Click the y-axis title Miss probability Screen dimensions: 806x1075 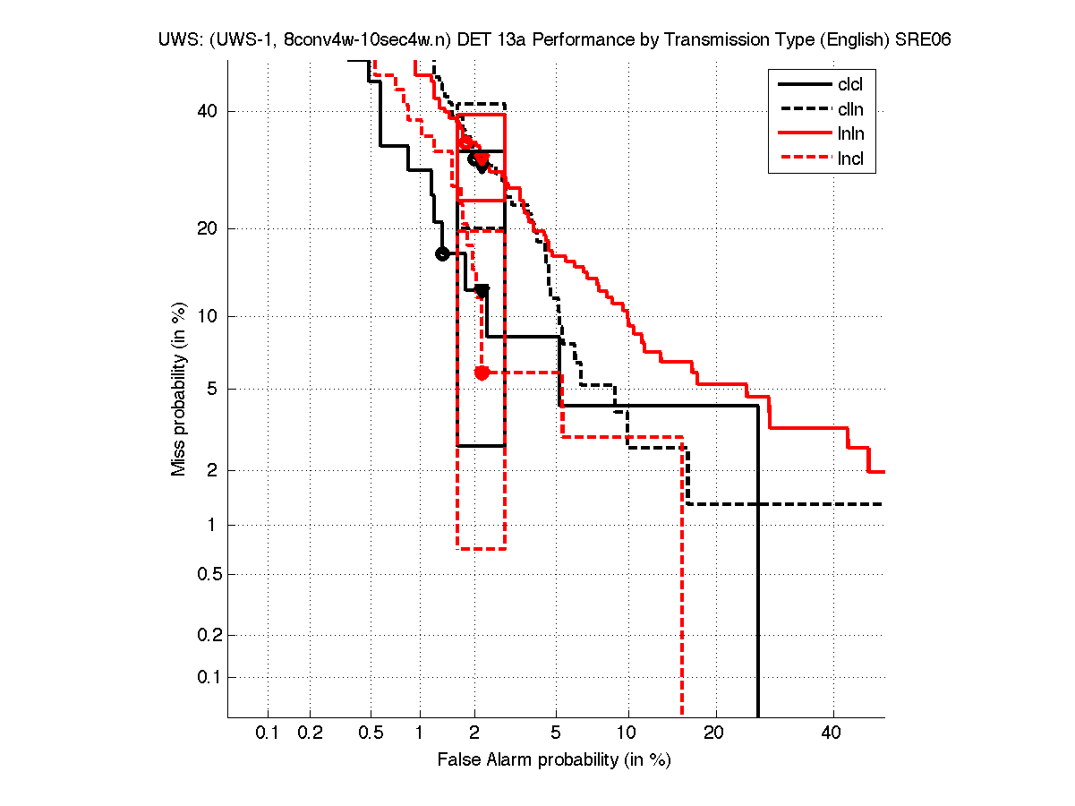click(x=179, y=389)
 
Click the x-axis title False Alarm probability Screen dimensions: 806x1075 click(x=554, y=760)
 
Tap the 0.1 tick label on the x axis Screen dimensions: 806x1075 click(x=268, y=733)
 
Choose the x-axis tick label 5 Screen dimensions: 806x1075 click(x=556, y=733)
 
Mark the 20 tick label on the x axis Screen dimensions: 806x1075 click(x=713, y=733)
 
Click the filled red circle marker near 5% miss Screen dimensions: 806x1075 click(x=482, y=373)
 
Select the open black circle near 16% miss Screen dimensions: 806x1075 click(x=441, y=253)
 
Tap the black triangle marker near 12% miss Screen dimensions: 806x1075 click(x=482, y=290)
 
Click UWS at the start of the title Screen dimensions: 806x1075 click(x=175, y=40)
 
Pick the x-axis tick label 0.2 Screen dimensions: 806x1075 click(x=310, y=733)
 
